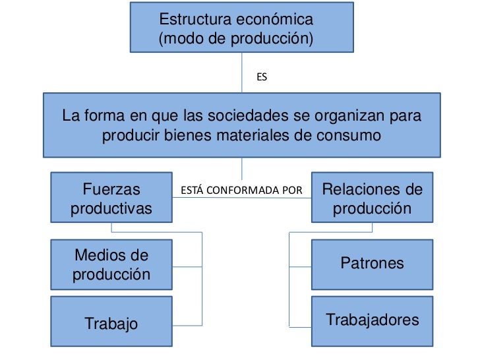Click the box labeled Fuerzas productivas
pyautogui.click(x=111, y=198)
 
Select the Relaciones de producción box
pyautogui.click(x=372, y=198)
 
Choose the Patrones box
pyautogui.click(x=372, y=264)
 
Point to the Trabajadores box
pyautogui.click(x=372, y=321)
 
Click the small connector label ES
pyautogui.click(x=262, y=78)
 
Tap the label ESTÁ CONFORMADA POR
pyautogui.click(x=241, y=191)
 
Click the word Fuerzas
pyautogui.click(x=111, y=190)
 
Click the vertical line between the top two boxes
pyautogui.click(x=242, y=73)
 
